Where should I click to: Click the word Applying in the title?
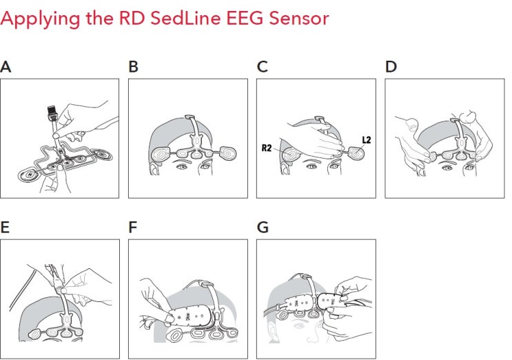tap(32, 19)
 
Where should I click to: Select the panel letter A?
tap(6, 67)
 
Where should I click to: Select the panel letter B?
tap(133, 67)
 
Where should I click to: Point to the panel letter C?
tap(262, 67)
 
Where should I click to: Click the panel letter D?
tap(391, 67)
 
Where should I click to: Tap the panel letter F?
tap(133, 228)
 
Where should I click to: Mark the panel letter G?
tap(262, 228)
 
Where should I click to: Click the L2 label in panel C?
tap(366, 139)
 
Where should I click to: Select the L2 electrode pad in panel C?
tap(356, 154)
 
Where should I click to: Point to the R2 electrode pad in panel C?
tap(289, 154)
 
